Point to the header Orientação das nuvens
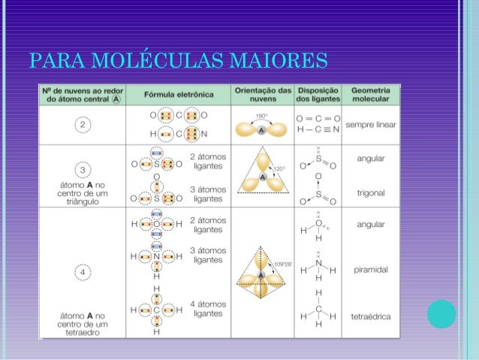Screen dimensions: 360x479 click(262, 95)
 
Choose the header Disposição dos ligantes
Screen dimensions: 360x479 click(318, 95)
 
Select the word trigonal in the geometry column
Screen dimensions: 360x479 click(371, 193)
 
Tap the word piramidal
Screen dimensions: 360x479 click(371, 267)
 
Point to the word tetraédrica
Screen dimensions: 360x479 click(371, 316)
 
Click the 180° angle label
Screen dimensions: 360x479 click(261, 116)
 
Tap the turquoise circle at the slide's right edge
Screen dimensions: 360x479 click(441, 314)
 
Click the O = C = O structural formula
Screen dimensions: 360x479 click(318, 118)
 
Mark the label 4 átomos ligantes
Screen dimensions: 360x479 click(208, 309)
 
